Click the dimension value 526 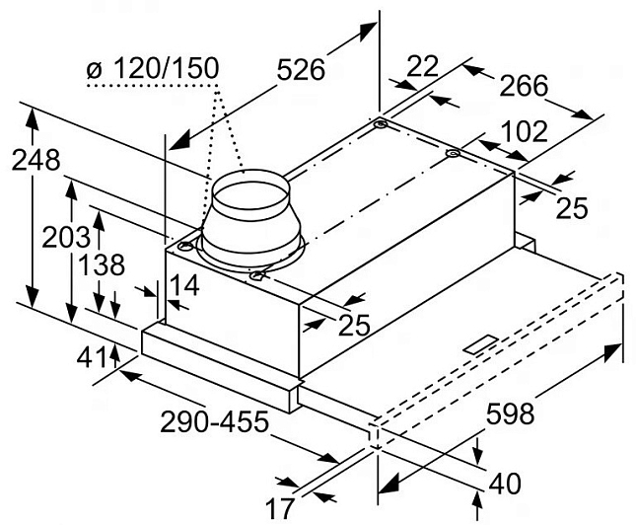click(x=301, y=70)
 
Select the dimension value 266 click(x=523, y=87)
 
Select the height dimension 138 click(x=103, y=266)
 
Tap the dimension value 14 click(x=183, y=287)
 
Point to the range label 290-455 click(x=216, y=422)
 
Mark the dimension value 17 click(x=281, y=509)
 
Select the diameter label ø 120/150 click(x=153, y=69)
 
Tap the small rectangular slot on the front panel click(x=480, y=344)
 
